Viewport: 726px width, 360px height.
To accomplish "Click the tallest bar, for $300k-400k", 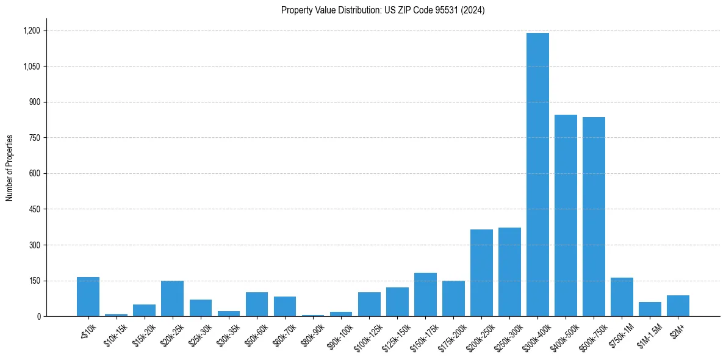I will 537,175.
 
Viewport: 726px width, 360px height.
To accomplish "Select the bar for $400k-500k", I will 566,215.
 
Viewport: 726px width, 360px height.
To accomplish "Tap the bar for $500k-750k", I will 594,217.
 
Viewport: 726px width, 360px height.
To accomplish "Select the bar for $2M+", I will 678,306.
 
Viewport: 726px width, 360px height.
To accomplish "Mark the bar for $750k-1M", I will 622,297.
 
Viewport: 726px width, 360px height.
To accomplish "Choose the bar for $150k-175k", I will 425,295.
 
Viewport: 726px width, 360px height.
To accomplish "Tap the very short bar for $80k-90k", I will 313,315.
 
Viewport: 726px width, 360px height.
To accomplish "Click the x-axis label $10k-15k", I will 116,333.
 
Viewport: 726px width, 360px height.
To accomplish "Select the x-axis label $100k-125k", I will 368,334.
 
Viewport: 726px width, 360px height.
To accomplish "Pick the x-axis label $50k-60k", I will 256,333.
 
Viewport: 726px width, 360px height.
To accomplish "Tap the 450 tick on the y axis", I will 34,209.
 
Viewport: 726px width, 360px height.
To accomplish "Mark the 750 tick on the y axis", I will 34,138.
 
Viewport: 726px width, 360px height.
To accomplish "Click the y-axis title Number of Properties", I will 10,168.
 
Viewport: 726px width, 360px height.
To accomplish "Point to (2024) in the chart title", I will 473,10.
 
